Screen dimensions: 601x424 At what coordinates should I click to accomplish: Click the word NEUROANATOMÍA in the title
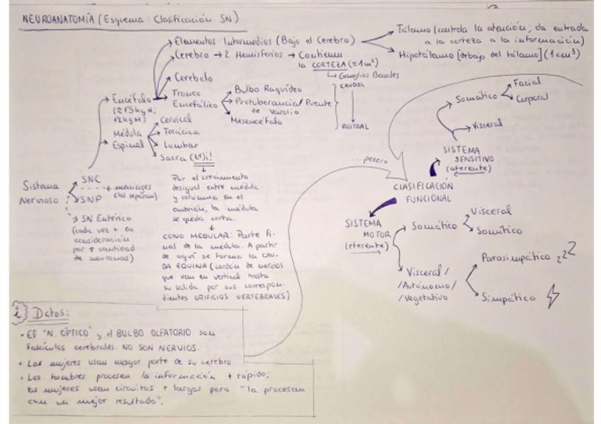point(47,19)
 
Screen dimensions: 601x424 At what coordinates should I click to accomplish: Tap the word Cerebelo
point(193,79)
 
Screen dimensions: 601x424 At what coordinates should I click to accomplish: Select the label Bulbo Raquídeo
point(268,90)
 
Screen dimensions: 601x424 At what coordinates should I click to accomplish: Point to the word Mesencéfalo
point(256,121)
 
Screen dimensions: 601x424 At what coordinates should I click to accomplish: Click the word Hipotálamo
point(423,53)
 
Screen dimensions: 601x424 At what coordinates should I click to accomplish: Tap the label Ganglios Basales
point(369,75)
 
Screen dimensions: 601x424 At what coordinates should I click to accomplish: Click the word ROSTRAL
point(354,127)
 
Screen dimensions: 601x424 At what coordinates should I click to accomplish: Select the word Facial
point(527,83)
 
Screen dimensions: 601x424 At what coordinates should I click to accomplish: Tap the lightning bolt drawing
point(551,296)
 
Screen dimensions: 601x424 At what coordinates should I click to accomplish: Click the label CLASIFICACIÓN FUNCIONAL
point(424,193)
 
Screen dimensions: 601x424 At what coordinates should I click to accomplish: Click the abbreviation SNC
point(91,181)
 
